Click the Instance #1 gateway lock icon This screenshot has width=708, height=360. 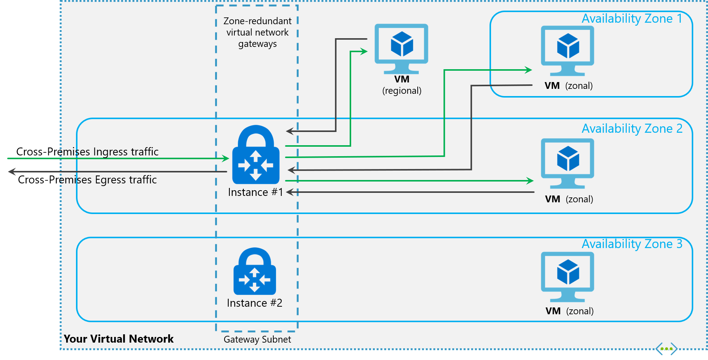(256, 155)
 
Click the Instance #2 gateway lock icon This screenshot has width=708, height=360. (255, 272)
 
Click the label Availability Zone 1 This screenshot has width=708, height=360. (632, 19)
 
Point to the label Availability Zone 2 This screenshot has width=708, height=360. (632, 129)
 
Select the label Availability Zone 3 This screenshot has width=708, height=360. (632, 244)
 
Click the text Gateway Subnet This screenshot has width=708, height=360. (257, 340)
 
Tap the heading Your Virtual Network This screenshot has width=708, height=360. (118, 339)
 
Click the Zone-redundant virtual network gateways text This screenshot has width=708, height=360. (257, 33)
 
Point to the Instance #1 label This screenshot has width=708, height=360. (256, 192)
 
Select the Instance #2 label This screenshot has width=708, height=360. (254, 303)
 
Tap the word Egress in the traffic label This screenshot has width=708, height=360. (112, 180)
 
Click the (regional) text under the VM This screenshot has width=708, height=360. (401, 91)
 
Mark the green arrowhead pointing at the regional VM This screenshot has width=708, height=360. (364, 51)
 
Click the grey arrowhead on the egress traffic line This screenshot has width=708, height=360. (12, 172)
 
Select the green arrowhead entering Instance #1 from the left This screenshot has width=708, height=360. (226, 158)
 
